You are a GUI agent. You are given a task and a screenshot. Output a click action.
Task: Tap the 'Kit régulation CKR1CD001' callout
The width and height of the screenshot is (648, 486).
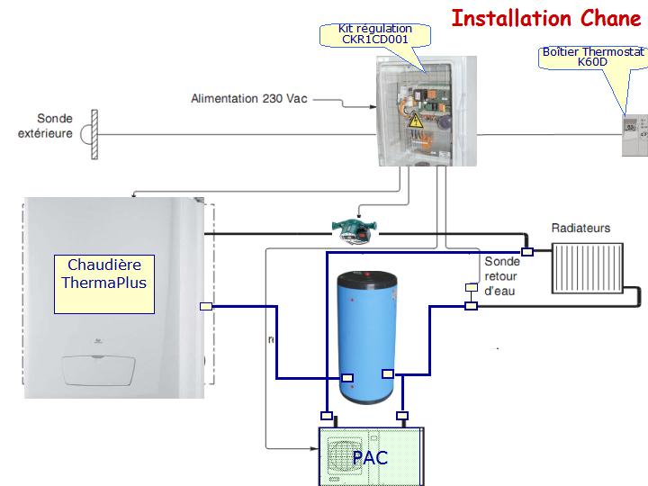tap(376, 35)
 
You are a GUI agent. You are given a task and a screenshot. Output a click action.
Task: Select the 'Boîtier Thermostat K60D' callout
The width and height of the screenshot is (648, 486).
tap(592, 58)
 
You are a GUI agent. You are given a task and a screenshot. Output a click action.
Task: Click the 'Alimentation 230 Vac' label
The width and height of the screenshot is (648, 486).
tap(249, 98)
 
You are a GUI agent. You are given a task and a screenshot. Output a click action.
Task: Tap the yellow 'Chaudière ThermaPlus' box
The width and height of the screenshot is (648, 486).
tap(103, 283)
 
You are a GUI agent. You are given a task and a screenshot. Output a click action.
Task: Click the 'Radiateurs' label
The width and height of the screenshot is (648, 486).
tap(580, 228)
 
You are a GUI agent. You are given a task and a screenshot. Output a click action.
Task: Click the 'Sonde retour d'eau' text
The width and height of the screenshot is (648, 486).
tap(500, 276)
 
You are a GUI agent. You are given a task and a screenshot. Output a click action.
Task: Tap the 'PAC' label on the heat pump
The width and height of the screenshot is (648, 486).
tap(370, 457)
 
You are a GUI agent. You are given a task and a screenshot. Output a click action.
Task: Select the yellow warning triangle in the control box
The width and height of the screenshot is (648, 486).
tap(416, 121)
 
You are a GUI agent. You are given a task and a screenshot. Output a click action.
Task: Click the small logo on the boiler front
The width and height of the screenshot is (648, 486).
tap(96, 339)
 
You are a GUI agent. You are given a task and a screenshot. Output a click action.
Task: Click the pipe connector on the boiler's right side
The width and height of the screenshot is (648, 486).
tap(205, 306)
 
